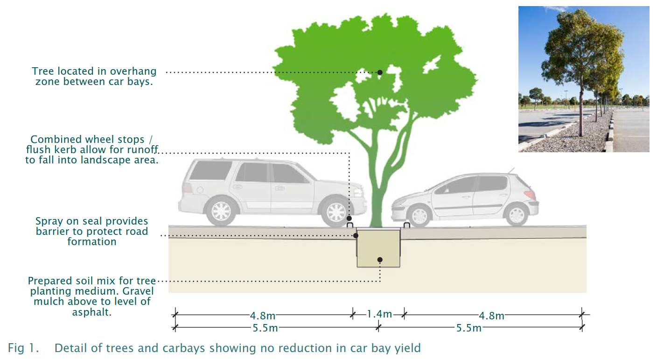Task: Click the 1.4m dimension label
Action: coord(379,314)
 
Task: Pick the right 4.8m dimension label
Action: coord(491,316)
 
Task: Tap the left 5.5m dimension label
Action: coord(265,328)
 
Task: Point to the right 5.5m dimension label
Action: coord(469,328)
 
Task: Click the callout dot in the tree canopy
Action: coord(380,72)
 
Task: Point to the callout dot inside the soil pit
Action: coord(380,260)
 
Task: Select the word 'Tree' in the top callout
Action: coord(43,71)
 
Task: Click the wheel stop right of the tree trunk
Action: coord(406,226)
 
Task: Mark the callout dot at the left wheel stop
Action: coord(349,219)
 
